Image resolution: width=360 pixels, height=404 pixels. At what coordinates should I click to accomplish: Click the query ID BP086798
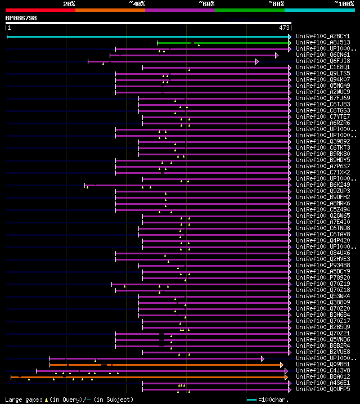[x=21, y=19]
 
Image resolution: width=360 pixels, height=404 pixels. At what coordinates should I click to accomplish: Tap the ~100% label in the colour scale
[x=344, y=3]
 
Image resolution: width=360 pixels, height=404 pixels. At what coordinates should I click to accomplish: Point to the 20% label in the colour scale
[x=69, y=3]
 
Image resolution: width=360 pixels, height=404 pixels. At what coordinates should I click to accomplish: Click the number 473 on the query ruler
[x=284, y=27]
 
